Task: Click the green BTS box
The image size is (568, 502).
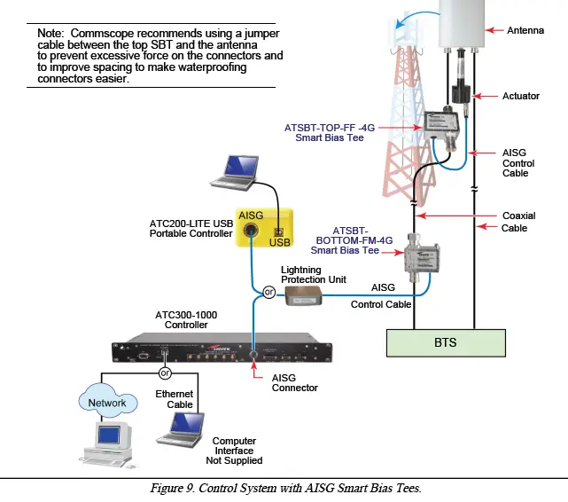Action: (x=445, y=341)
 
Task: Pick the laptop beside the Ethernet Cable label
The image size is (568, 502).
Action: (x=179, y=433)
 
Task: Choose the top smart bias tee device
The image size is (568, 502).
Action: (x=438, y=128)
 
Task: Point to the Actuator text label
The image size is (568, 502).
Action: (x=520, y=96)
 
